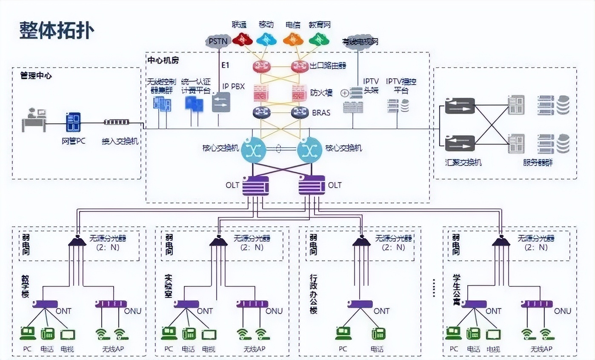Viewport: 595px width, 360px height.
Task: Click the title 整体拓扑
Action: [x=57, y=31]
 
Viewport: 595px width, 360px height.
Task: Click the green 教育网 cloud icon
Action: [x=319, y=39]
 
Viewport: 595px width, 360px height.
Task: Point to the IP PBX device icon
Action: [x=221, y=103]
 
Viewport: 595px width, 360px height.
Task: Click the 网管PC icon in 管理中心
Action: [x=73, y=122]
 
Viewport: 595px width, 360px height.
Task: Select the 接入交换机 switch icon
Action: [x=116, y=123]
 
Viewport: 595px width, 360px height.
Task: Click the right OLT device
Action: [x=312, y=186]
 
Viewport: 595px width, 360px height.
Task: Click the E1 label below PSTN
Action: [x=225, y=65]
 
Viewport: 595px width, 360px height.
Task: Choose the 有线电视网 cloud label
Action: [x=360, y=42]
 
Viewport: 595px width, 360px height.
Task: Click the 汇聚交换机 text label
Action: [x=463, y=162]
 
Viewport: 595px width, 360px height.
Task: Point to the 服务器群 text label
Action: [x=538, y=162]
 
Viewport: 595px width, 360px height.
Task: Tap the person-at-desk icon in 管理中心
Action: [x=34, y=120]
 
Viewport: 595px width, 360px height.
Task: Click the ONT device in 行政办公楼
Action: [x=359, y=304]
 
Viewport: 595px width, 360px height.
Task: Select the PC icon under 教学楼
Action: [x=28, y=333]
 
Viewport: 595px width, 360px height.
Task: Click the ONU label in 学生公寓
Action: [x=562, y=311]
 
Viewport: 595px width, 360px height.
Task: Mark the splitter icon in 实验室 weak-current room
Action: [x=219, y=241]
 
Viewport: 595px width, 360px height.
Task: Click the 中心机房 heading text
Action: [x=163, y=60]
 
